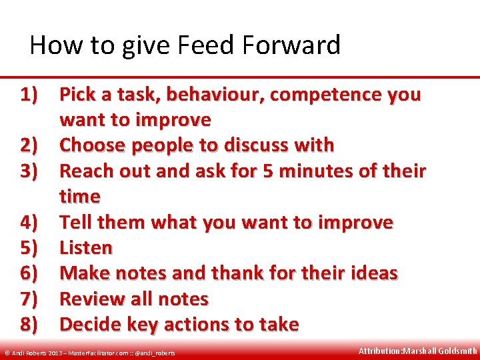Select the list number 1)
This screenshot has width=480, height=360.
point(32,95)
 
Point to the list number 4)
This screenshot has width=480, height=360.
point(32,222)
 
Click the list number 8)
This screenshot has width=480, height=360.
point(32,325)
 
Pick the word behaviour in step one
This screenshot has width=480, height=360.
point(214,95)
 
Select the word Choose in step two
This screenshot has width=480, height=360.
point(93,145)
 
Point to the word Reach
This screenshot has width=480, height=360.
point(86,171)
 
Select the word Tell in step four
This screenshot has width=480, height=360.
point(75,222)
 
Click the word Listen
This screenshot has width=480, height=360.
point(86,248)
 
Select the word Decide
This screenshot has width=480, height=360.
point(92,325)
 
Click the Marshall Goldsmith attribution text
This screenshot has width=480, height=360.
point(417,351)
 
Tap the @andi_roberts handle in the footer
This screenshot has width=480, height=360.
point(155,353)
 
